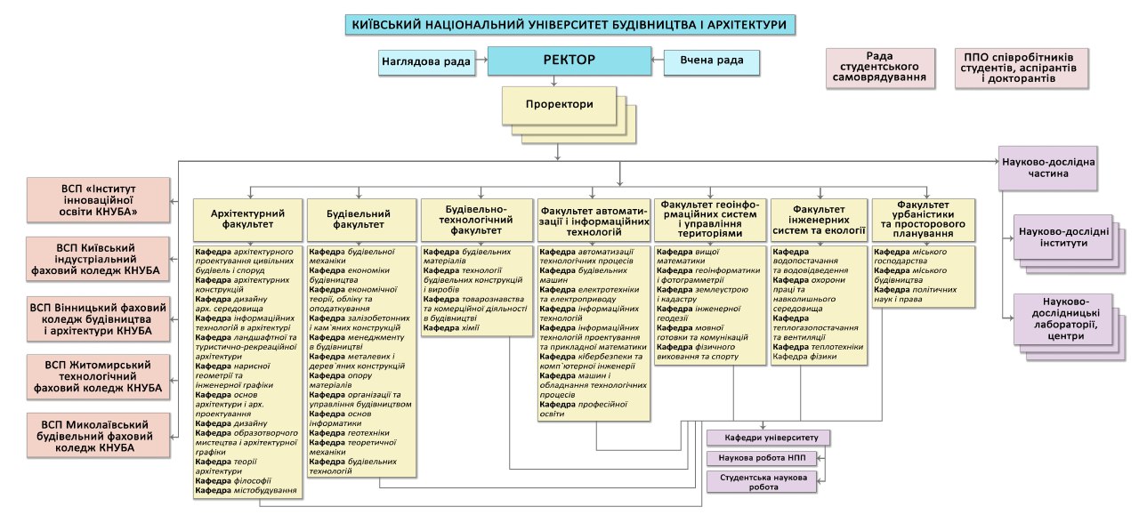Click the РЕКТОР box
pos(569,60)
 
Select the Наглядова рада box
pos(426,62)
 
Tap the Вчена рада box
pos(711,62)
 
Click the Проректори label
pos(560,104)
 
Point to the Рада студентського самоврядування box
pos(880,68)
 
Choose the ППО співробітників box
pos(1021,68)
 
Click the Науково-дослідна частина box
pos(1048,168)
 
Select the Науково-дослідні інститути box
pos(1063,237)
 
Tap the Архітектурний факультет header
pos(247,220)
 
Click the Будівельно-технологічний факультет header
pos(476,220)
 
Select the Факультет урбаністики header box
pos(924,220)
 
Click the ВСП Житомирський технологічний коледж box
pos(98,377)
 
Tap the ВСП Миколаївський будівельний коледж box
pos(98,436)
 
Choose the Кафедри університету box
pos(768,438)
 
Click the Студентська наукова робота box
pos(762,482)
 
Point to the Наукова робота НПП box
pos(762,458)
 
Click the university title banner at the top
pos(570,24)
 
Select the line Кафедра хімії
pos(451,328)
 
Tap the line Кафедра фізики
pos(804,357)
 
